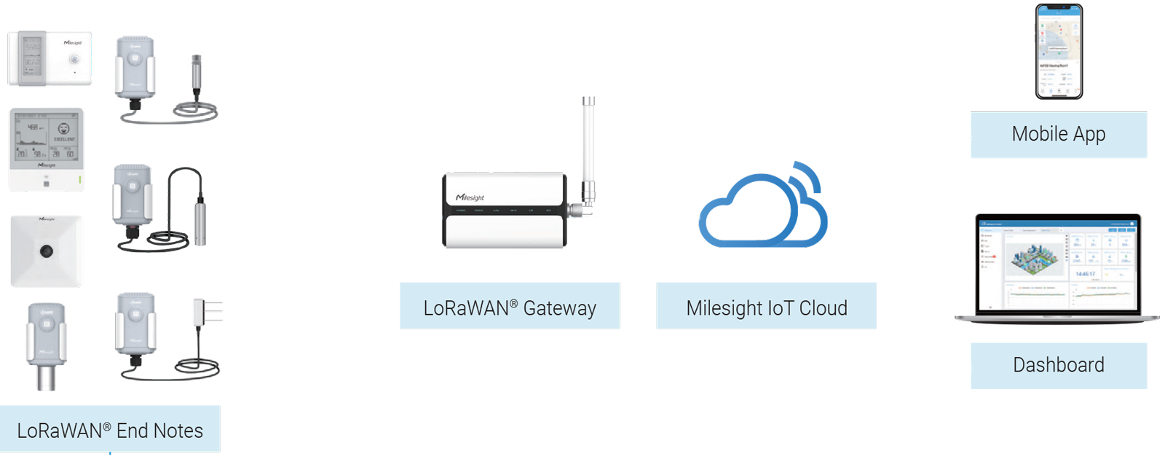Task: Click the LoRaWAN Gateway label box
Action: pos(510,306)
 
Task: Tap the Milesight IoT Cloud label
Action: pos(766,306)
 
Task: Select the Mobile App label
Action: pos(1059,135)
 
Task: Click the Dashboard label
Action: pos(1059,365)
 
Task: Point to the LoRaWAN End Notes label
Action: pos(110,430)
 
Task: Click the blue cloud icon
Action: pos(757,211)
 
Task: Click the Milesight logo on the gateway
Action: pos(470,197)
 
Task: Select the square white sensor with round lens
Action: pos(47,251)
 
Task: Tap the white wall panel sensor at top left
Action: pos(50,58)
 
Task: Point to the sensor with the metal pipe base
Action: pos(46,346)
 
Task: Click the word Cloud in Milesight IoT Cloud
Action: pos(823,308)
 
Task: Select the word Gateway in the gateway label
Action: pos(559,308)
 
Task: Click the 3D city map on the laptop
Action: pos(1034,259)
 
